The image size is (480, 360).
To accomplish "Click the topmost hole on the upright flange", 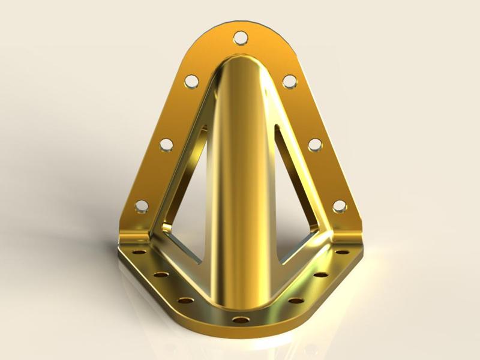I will pyautogui.click(x=240, y=37).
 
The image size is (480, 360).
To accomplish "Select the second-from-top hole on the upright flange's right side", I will pyautogui.click(x=289, y=80).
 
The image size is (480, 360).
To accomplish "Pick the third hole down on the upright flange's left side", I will pyautogui.click(x=166, y=144).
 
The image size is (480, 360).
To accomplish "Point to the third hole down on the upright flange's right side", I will pyautogui.click(x=314, y=144).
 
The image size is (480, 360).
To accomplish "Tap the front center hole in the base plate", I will pyautogui.click(x=240, y=319).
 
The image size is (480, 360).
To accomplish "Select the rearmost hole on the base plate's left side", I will pyautogui.click(x=138, y=252).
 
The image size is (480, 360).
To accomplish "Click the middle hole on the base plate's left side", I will pyautogui.click(x=161, y=275).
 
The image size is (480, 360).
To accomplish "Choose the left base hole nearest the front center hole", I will pyautogui.click(x=187, y=299).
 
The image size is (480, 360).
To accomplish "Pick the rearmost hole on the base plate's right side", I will pyautogui.click(x=342, y=252).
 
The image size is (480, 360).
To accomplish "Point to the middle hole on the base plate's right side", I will pyautogui.click(x=320, y=275).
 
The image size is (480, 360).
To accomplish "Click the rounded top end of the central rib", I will pyautogui.click(x=240, y=66).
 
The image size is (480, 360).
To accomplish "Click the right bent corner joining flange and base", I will pyautogui.click(x=351, y=234).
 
